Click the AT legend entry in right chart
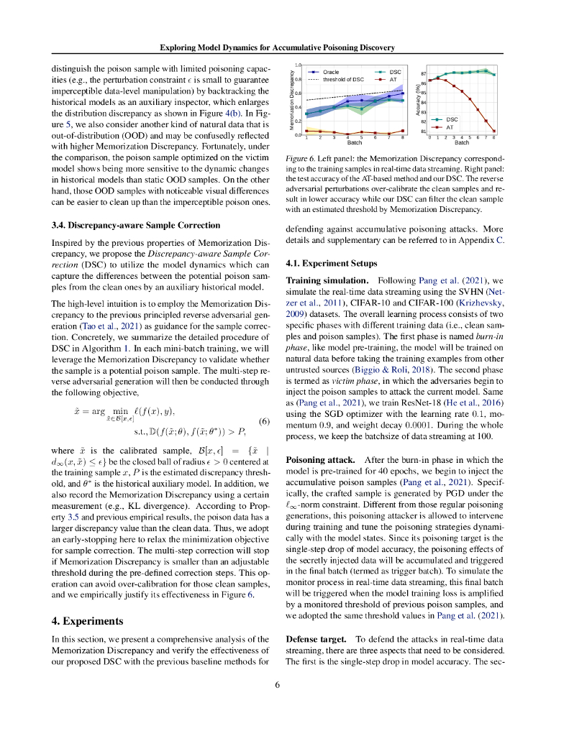[450, 126]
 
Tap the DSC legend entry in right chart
[452, 119]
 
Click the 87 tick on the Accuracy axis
[424, 74]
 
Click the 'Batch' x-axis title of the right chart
[461, 142]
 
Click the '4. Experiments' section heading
[91, 620]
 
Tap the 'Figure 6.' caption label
[301, 157]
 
